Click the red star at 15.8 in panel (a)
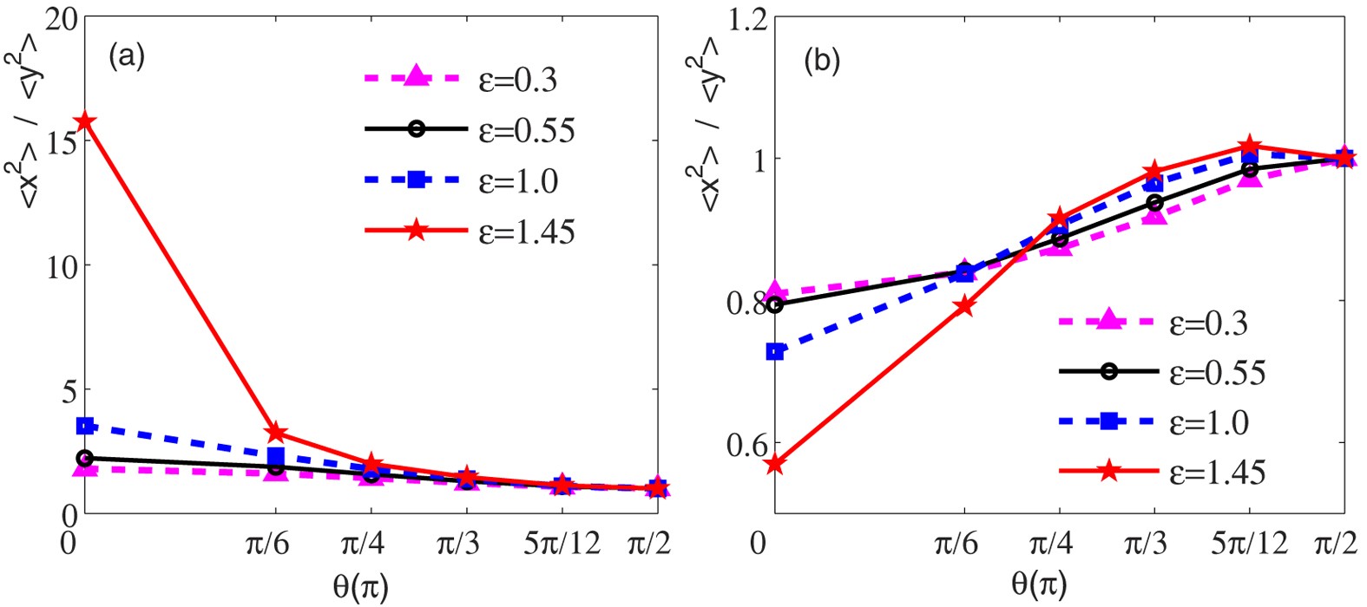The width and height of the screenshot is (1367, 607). pyautogui.click(x=85, y=121)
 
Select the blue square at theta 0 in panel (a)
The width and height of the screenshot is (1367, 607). pyautogui.click(x=85, y=426)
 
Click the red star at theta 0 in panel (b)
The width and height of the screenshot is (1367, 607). pyautogui.click(x=775, y=465)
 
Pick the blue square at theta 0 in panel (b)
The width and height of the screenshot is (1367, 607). pyautogui.click(x=775, y=352)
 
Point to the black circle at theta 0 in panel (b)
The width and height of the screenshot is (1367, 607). pyautogui.click(x=775, y=304)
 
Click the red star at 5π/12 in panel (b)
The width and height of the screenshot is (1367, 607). pyautogui.click(x=1249, y=146)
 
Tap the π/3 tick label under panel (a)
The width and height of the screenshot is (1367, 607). pyautogui.click(x=466, y=544)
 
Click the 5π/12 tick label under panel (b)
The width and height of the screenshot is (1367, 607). pyautogui.click(x=1248, y=544)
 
